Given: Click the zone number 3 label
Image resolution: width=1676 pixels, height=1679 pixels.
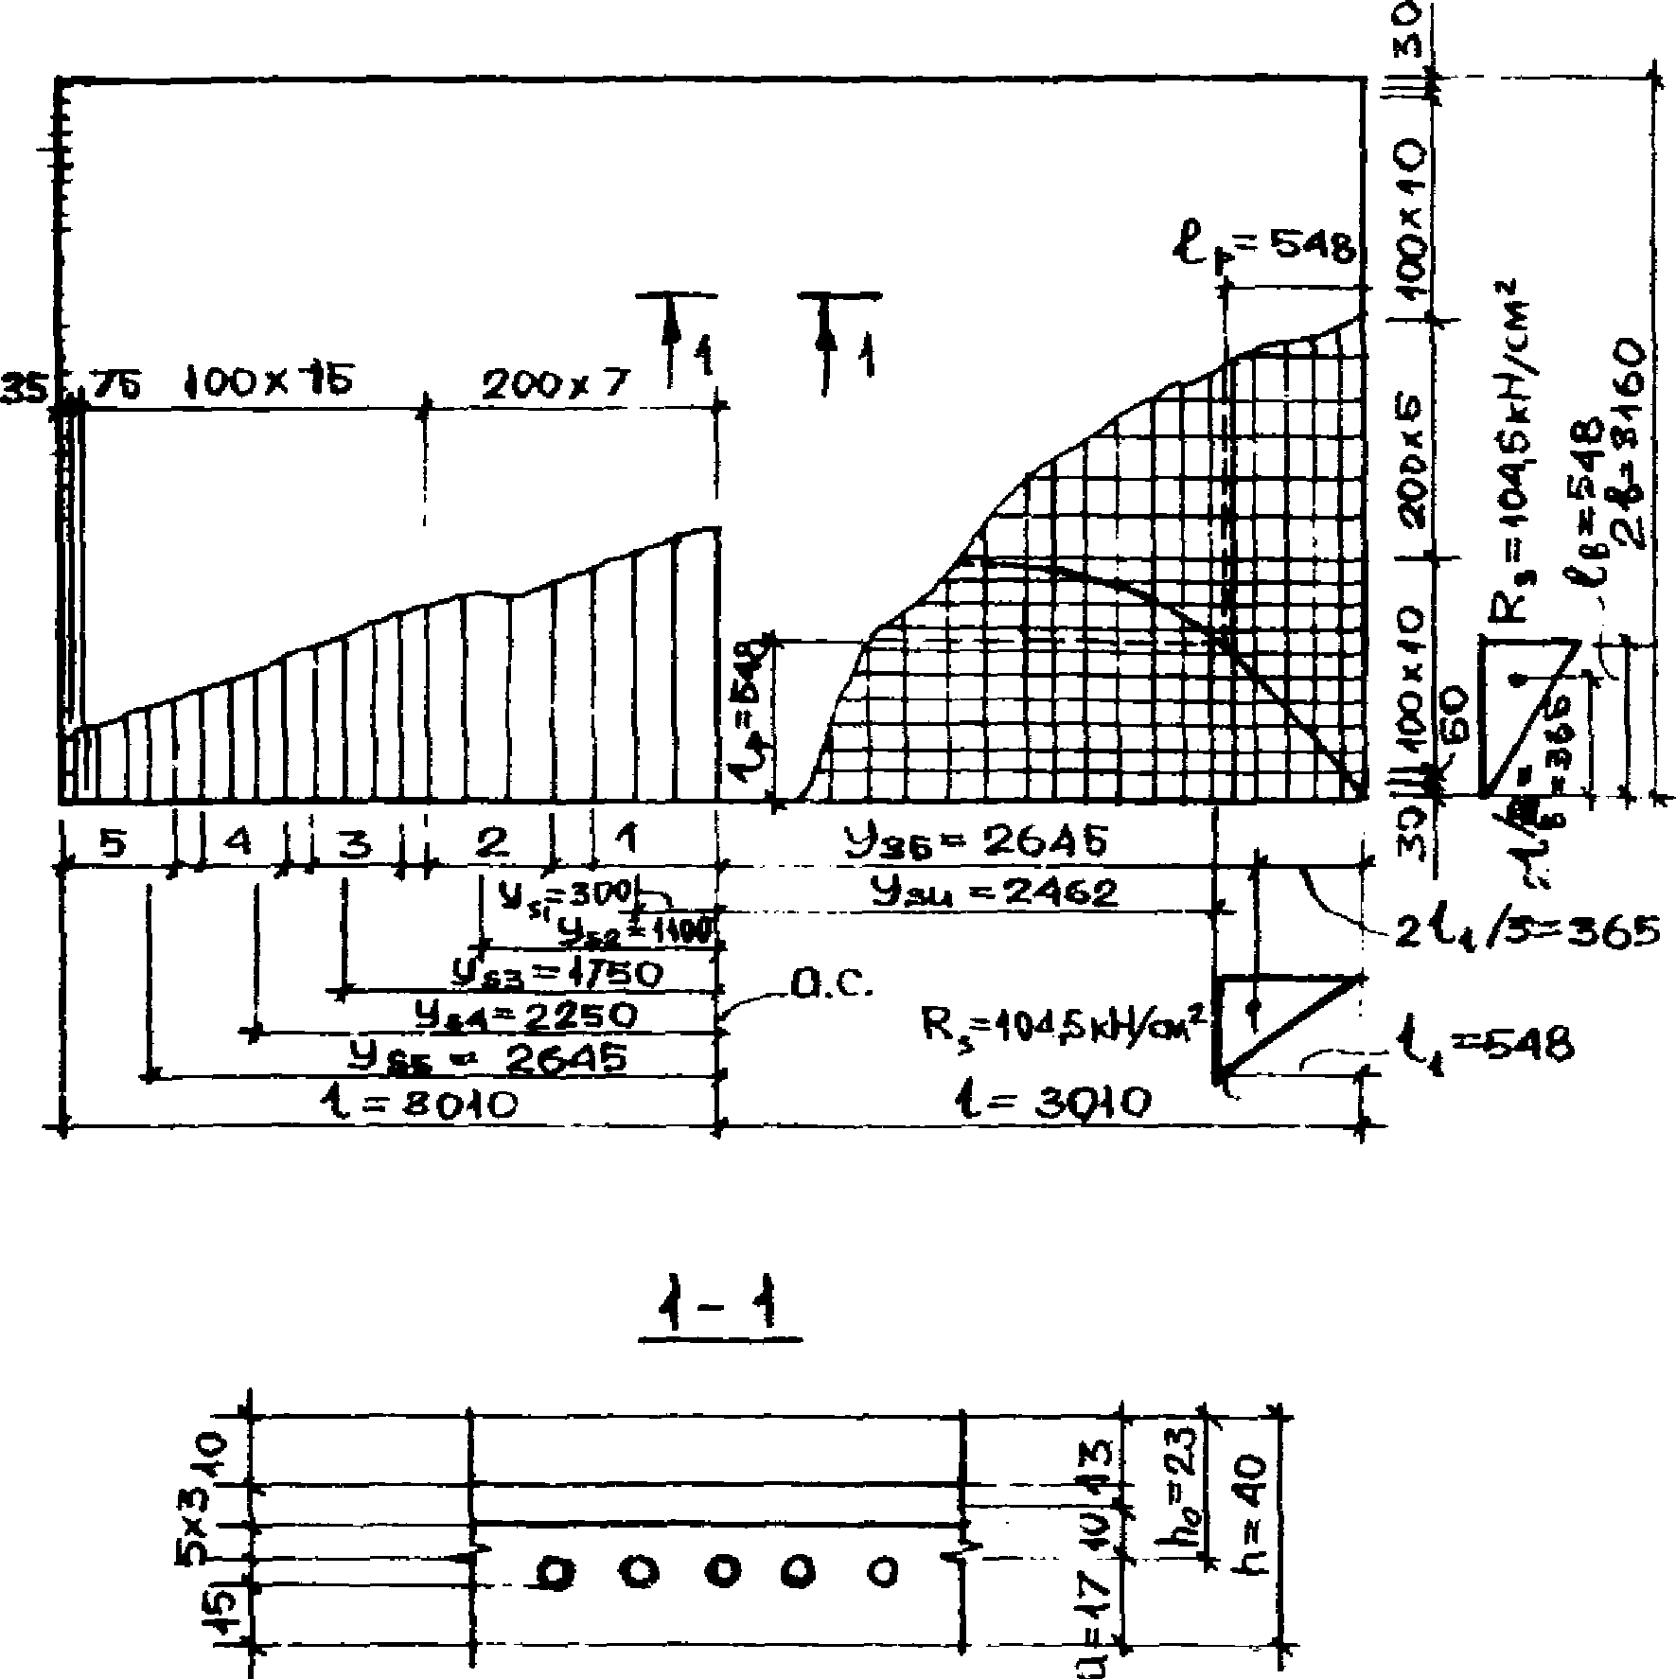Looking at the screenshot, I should [355, 841].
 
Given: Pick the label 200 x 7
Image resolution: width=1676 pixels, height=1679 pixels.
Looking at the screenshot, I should [555, 384].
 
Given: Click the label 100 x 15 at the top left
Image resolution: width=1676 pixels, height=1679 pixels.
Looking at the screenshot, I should [268, 383].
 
